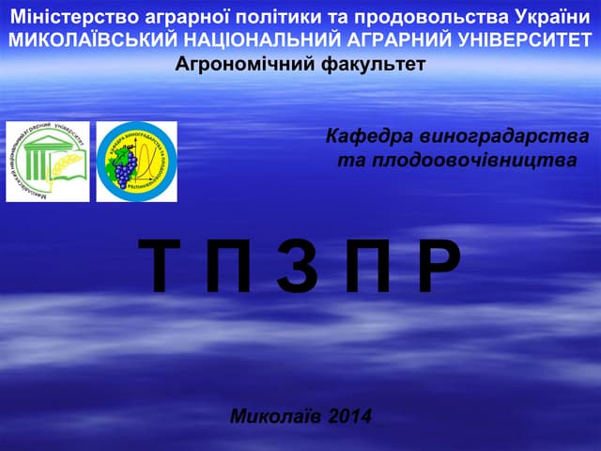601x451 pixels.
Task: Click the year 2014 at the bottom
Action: point(350,415)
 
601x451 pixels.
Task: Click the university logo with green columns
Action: point(48,162)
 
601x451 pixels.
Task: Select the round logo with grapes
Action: point(137,162)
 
